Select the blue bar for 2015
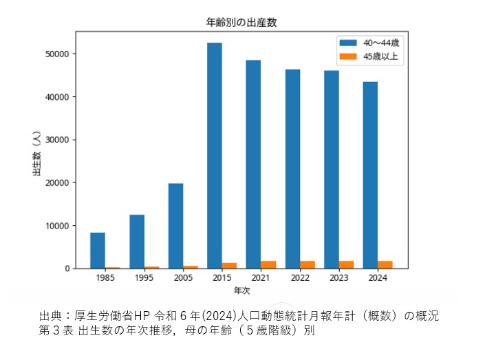coord(215,156)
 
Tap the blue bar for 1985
coord(98,251)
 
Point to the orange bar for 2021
coord(268,264)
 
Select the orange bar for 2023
coord(347,264)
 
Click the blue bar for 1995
coord(137,242)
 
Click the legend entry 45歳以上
coord(381,57)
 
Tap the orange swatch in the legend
coord(348,57)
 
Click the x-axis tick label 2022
coord(300,279)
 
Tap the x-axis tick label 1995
coord(144,279)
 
